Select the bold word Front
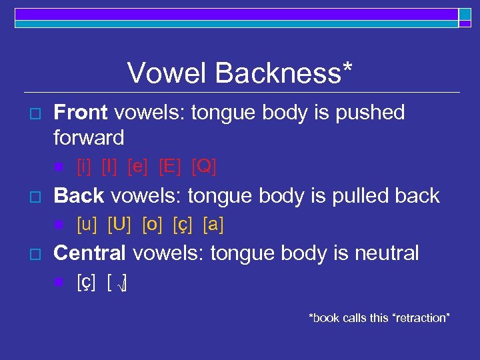click(81, 113)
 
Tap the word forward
click(89, 138)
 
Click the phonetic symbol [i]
click(85, 167)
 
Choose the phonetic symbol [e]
click(138, 167)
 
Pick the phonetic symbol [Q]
click(204, 167)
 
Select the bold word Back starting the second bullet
click(79, 195)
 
